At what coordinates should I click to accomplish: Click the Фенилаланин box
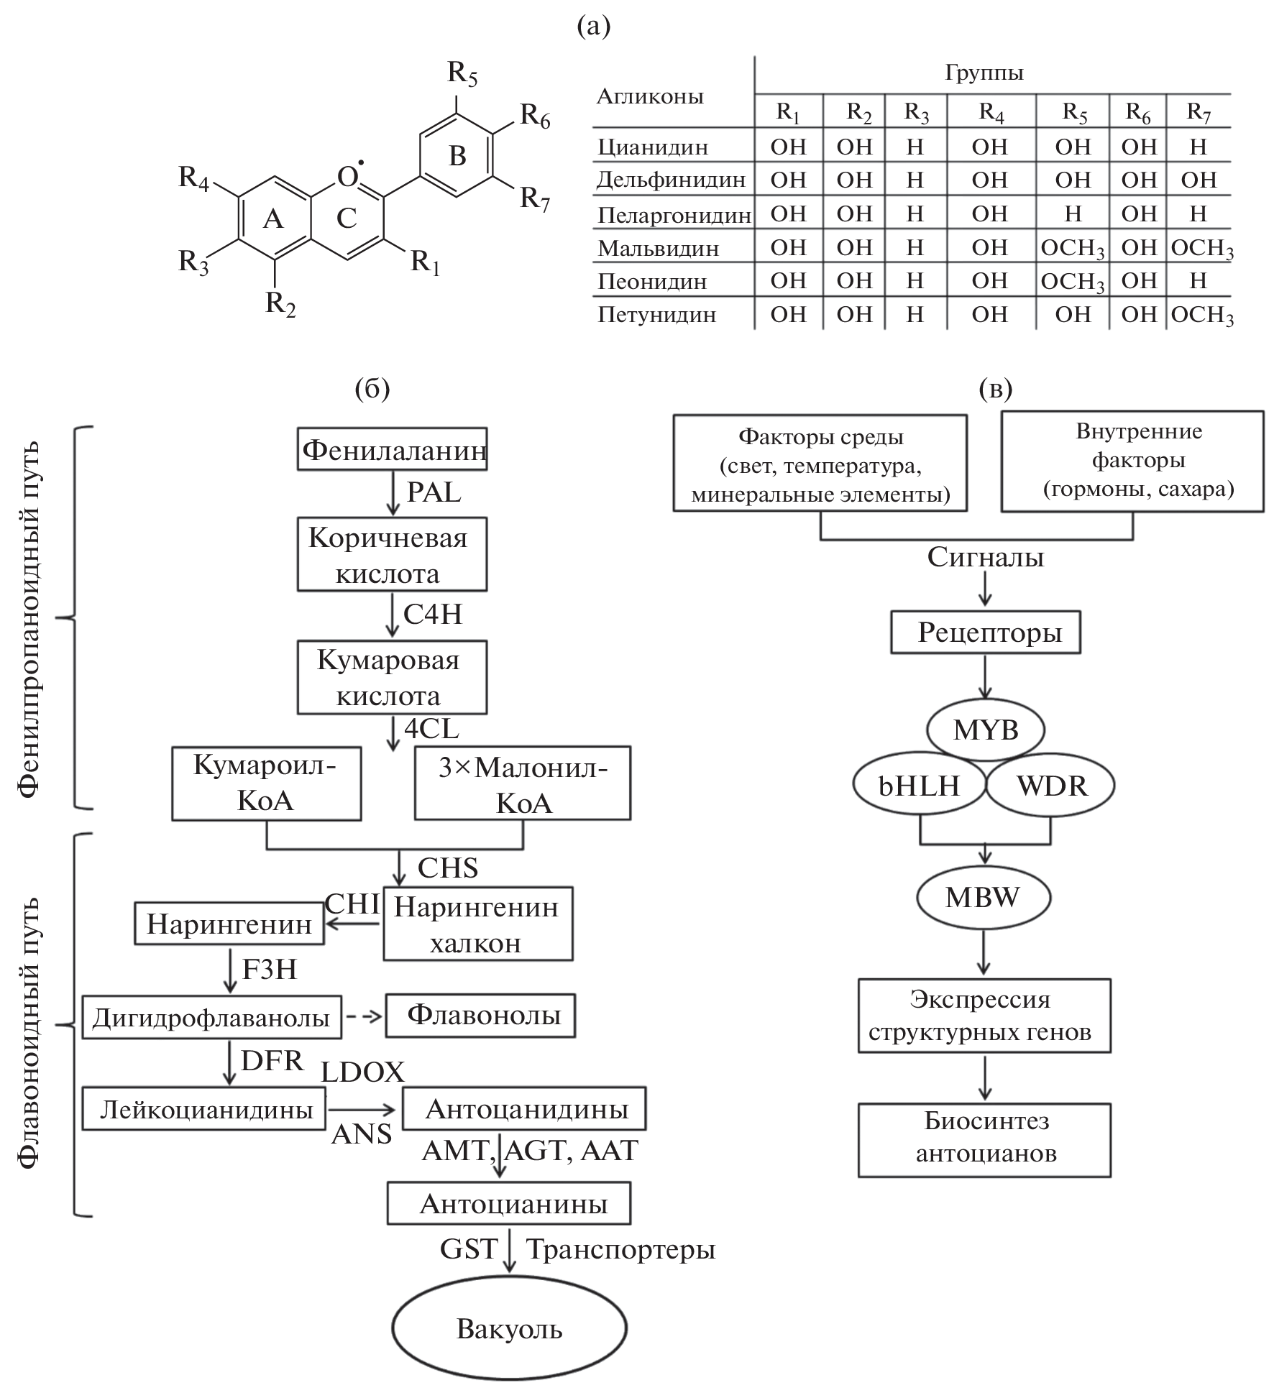(393, 450)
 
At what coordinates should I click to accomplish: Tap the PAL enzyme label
(434, 492)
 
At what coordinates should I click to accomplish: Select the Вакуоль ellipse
(509, 1329)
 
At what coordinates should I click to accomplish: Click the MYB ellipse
(986, 730)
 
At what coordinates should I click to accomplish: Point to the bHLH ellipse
(919, 786)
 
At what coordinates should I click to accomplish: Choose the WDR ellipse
(1052, 786)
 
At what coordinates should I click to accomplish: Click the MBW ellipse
(983, 897)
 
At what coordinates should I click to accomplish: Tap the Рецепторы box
(986, 633)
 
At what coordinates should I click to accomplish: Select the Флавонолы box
(480, 1015)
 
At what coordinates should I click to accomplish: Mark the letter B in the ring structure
(457, 155)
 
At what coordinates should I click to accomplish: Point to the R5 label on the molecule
(462, 73)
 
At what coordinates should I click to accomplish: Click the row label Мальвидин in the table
(658, 248)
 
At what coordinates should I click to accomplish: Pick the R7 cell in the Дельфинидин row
(1199, 180)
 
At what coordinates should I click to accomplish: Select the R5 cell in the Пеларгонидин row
(1073, 213)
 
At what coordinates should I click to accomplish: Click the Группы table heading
(984, 73)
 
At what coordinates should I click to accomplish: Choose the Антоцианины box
(509, 1203)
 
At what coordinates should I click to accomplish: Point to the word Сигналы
(985, 557)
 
